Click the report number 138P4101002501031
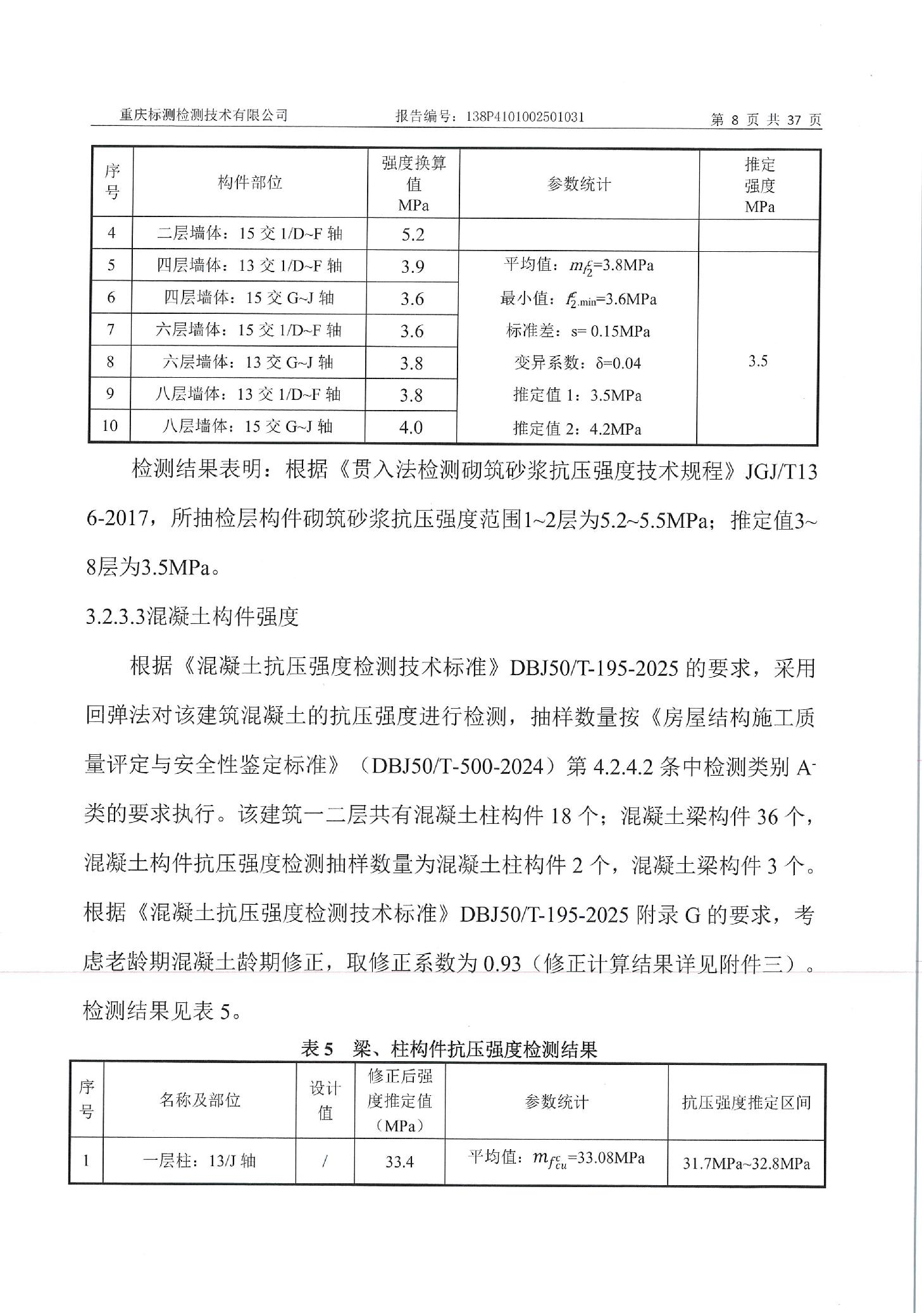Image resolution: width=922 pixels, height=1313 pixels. pos(525,116)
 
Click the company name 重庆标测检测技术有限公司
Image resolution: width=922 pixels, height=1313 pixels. pos(204,115)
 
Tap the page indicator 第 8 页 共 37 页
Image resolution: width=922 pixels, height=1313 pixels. pos(766,120)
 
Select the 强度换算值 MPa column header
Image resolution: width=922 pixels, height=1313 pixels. pos(414,184)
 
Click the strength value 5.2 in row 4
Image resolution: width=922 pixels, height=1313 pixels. pos(413,235)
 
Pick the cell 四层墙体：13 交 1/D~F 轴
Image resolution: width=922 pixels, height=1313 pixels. pos(249,266)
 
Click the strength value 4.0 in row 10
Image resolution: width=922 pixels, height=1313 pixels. pos(411,428)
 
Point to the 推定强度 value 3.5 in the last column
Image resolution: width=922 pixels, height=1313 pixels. pos(758,361)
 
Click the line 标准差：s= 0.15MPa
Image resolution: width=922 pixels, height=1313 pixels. pos(578,331)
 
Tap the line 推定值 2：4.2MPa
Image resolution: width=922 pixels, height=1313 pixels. pos(577,430)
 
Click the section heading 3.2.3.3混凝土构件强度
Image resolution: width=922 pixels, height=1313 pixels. pos(192,616)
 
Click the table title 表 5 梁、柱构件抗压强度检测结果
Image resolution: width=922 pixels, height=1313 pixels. pos(449,1050)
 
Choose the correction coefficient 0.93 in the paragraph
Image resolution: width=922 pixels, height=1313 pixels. pos(502,964)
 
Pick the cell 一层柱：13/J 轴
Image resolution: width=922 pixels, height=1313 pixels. pos(199,1161)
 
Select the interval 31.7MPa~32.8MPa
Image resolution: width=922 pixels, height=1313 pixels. pos(746,1163)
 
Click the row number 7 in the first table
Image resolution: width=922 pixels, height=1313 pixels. pos(111,330)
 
